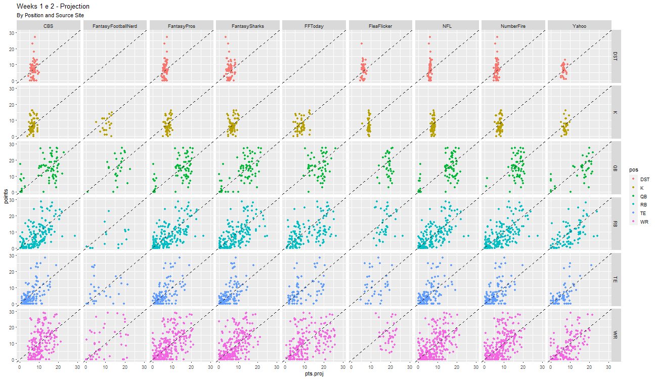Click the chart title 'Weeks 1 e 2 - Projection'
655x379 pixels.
[53, 7]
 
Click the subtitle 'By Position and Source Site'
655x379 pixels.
[50, 16]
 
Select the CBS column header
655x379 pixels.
[49, 26]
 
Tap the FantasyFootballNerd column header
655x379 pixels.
[115, 26]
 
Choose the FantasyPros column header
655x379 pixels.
[182, 26]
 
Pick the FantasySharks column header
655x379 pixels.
[248, 26]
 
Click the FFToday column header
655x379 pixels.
[314, 26]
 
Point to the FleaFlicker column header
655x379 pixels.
[380, 26]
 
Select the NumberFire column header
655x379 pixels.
[513, 26]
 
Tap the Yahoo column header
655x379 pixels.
[580, 26]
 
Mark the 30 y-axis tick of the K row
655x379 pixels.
[12, 89]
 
